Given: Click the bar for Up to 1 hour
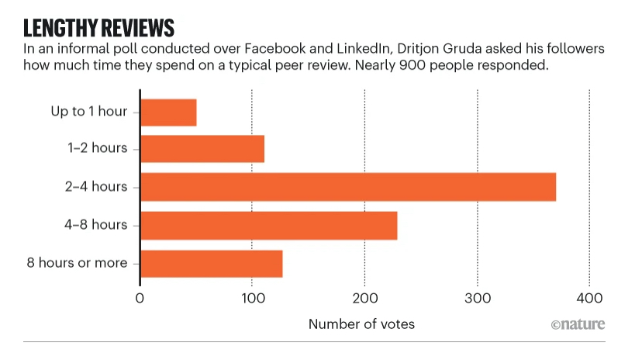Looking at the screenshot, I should (x=168, y=112).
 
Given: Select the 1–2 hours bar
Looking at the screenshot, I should (x=202, y=149).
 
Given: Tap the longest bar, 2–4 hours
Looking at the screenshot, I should (x=348, y=187).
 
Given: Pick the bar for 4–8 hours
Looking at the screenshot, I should (x=268, y=225).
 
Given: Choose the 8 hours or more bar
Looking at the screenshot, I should (x=211, y=263).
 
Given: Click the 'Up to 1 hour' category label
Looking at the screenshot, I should (x=89, y=112).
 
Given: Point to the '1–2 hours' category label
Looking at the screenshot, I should (x=98, y=149).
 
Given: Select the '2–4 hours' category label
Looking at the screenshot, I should (x=98, y=187).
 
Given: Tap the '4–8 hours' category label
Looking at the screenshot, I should (x=98, y=225).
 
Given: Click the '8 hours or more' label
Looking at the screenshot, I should (x=77, y=263).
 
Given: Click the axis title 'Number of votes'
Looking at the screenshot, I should (x=361, y=324).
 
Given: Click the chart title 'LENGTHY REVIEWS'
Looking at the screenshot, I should (x=98, y=29).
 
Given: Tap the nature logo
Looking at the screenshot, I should (x=578, y=324).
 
